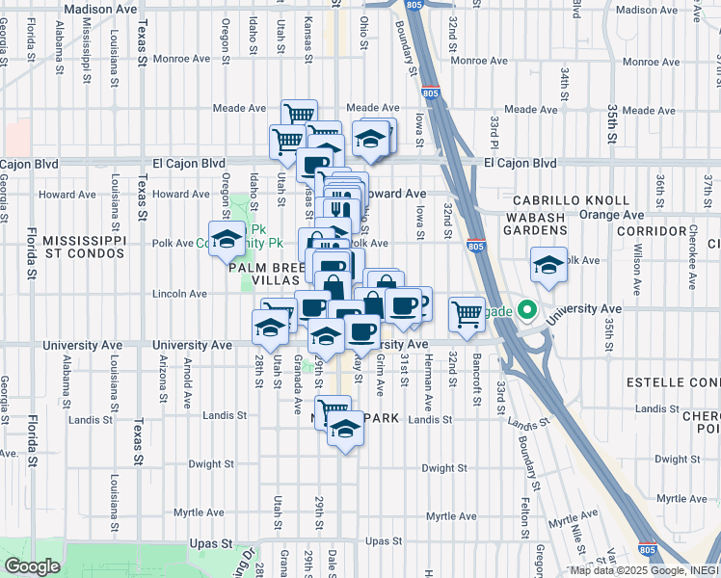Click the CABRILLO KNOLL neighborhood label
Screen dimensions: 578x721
click(x=562, y=200)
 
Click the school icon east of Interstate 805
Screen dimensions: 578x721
click(x=548, y=263)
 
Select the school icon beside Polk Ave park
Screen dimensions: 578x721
click(x=227, y=237)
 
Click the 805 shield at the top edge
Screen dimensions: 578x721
click(x=413, y=6)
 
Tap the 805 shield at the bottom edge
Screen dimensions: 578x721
click(x=648, y=550)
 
